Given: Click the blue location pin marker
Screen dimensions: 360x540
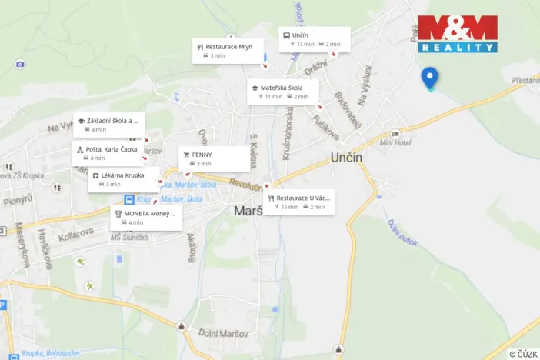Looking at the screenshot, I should click(429, 77).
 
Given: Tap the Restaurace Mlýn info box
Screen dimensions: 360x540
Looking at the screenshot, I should click(228, 51).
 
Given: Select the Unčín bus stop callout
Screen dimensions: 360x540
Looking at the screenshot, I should click(314, 39).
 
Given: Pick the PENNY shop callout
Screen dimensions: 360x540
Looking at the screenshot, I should click(215, 158).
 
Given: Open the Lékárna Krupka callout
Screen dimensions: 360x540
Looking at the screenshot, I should click(124, 179).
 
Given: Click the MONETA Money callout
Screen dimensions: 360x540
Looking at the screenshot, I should click(146, 217).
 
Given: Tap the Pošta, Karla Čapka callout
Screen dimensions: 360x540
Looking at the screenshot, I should click(108, 153).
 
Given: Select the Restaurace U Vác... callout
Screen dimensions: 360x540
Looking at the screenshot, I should click(301, 202).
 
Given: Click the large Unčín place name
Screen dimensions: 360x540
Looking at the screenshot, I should click(352, 157).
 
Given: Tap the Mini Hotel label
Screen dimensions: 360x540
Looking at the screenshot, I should click(396, 142).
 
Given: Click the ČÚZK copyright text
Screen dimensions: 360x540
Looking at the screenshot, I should click(523, 353).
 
